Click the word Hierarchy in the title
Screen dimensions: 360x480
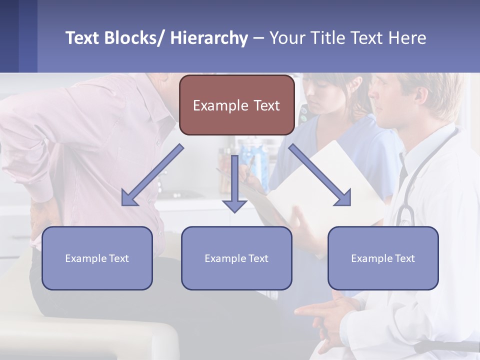coord(209,38)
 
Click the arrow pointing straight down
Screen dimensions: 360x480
coord(234,185)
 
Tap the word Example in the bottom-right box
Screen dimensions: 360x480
coord(368,258)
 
